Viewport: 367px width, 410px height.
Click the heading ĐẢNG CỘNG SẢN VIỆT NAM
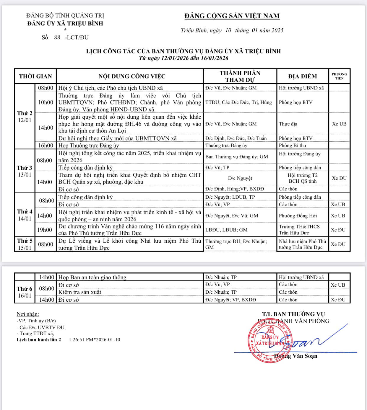[x=232, y=16]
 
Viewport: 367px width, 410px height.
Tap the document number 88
[x=57, y=37]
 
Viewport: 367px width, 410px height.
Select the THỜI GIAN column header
[x=35, y=76]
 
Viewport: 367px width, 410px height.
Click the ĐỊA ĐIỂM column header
[x=303, y=76]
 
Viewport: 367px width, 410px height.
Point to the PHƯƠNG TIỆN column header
[x=339, y=76]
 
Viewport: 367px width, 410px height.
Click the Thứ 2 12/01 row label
[x=25, y=117]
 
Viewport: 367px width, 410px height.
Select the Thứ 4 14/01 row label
[x=25, y=215]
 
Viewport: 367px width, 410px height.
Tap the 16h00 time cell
[x=46, y=146]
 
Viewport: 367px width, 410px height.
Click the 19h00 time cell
[x=45, y=230]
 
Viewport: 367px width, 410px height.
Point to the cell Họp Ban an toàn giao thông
[x=92, y=277]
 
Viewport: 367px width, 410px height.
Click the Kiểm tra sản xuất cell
[x=80, y=292]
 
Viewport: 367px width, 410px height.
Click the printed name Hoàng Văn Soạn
[x=296, y=356]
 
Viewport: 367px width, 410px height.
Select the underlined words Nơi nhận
[x=28, y=314]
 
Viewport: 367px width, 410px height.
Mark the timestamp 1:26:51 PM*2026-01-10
[x=94, y=340]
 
